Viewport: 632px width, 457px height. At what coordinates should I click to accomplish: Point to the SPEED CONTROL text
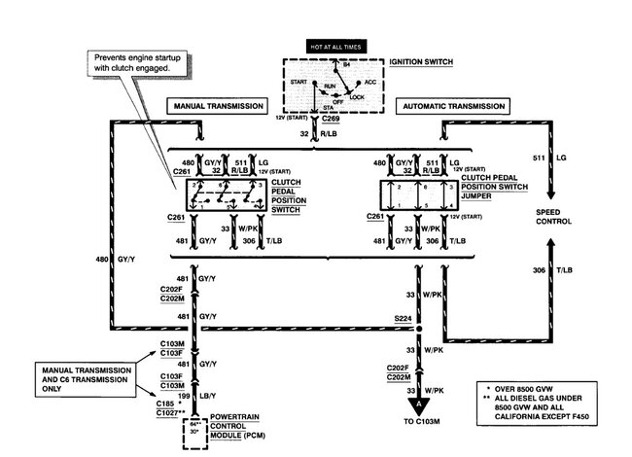tap(555, 215)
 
